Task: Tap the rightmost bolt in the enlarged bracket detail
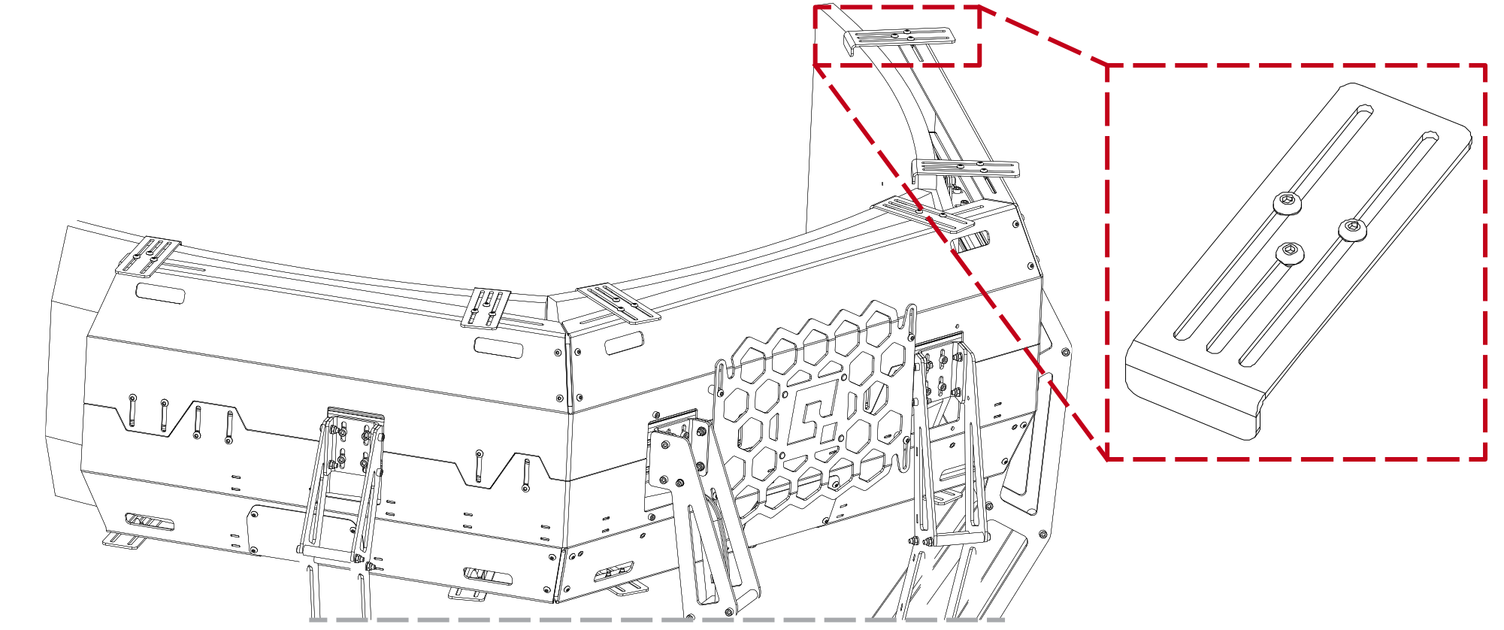tap(1352, 229)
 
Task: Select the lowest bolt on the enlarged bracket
tap(1291, 253)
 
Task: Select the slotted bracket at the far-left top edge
tap(147, 257)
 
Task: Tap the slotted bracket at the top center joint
tap(486, 308)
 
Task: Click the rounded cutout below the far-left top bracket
tap(160, 293)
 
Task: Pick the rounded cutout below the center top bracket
tap(498, 348)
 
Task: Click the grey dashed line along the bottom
tap(654, 620)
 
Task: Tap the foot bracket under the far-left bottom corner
tap(124, 540)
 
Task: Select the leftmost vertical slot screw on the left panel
tap(133, 410)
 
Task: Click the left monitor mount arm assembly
tap(342, 489)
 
